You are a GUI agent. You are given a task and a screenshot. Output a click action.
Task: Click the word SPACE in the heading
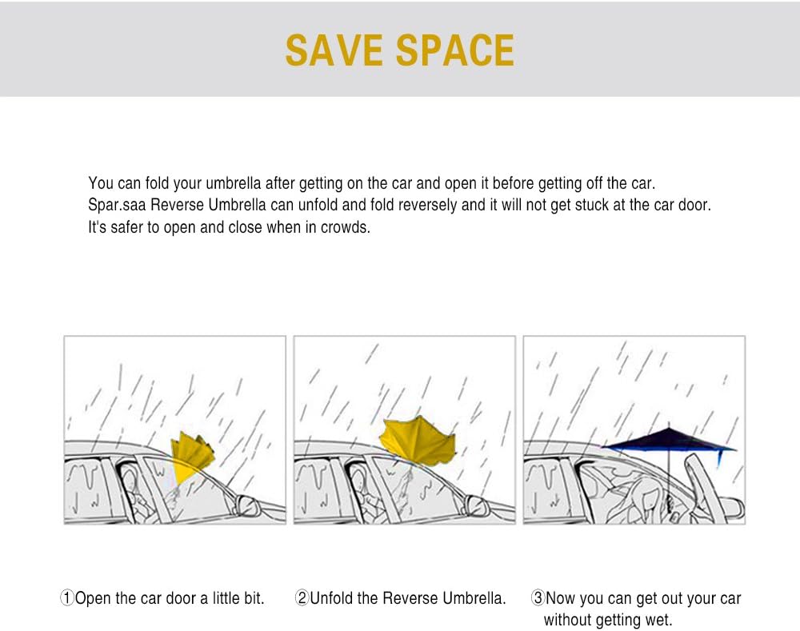pyautogui.click(x=455, y=50)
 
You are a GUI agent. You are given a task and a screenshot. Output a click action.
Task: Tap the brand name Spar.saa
pyautogui.click(x=117, y=205)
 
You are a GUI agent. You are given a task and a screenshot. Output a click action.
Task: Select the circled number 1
pyautogui.click(x=67, y=598)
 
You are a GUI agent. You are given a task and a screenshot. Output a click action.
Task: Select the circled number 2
pyautogui.click(x=302, y=598)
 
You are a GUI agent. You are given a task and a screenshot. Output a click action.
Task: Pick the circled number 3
pyautogui.click(x=538, y=598)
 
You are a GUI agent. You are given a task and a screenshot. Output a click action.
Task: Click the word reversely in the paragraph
pyautogui.click(x=427, y=205)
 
